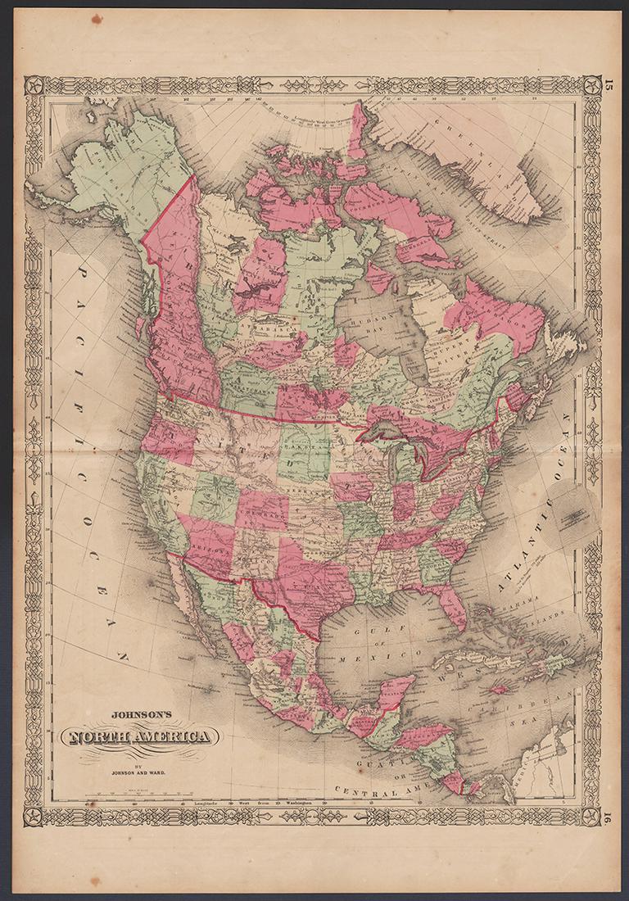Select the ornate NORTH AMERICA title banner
[140, 737]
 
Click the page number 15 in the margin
[609, 85]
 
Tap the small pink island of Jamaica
[498, 690]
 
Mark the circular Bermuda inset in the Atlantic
[572, 514]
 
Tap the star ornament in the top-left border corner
[34, 84]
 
